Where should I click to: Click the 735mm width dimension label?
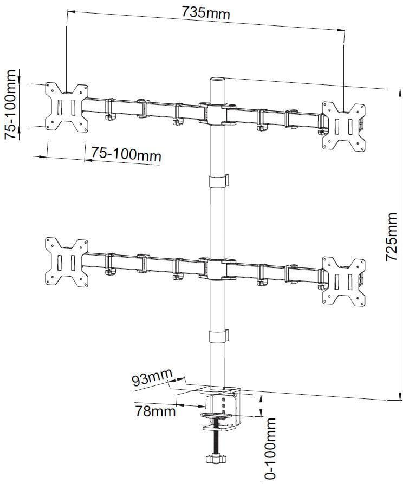click(205, 13)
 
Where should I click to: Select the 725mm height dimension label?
click(391, 237)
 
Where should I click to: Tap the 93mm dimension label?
click(152, 377)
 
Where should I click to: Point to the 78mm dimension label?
click(155, 411)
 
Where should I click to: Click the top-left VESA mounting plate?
click(67, 107)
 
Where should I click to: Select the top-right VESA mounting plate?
click(343, 126)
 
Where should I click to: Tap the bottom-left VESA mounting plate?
click(67, 262)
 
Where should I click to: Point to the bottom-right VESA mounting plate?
click(343, 281)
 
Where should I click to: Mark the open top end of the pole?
click(217, 80)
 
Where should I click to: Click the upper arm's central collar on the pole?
click(217, 114)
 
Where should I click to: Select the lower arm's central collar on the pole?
click(217, 269)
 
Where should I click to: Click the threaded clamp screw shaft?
click(216, 437)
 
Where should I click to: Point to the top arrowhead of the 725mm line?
click(401, 91)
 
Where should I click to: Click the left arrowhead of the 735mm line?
click(71, 12)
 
